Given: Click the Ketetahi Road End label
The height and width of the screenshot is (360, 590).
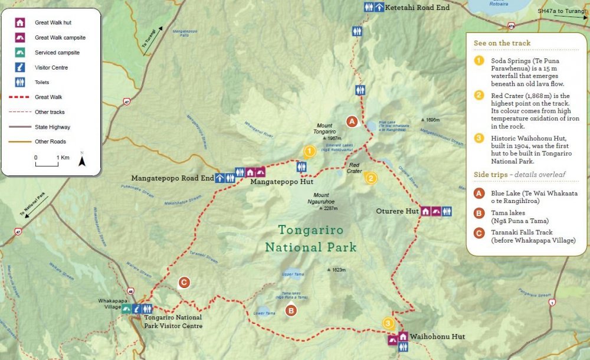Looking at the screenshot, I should (x=417, y=8).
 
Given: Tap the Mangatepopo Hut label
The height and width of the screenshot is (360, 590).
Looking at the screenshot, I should (x=281, y=183).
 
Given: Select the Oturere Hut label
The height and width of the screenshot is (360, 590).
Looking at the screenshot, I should (x=397, y=211).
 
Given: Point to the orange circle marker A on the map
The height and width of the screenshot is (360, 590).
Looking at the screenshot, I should (x=352, y=122).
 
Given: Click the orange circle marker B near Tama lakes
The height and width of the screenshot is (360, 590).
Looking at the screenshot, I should (x=290, y=310).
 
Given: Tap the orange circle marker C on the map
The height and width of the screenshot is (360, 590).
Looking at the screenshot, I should (x=184, y=283).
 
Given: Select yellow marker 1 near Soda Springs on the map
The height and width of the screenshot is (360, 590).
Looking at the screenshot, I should (x=309, y=152).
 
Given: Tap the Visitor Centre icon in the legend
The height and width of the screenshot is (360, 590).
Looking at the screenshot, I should (x=20, y=67).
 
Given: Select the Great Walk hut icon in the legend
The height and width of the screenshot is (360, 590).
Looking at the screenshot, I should (x=20, y=23).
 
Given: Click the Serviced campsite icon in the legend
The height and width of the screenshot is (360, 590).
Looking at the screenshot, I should (x=20, y=53).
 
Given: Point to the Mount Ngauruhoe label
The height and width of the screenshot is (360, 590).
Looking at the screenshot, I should (x=322, y=198).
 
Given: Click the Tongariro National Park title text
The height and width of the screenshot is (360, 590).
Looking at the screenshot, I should (x=310, y=238).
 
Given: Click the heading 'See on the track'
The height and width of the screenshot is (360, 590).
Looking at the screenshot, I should (x=502, y=43).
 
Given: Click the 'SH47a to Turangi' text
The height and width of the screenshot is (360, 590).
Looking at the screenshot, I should (x=562, y=11).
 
